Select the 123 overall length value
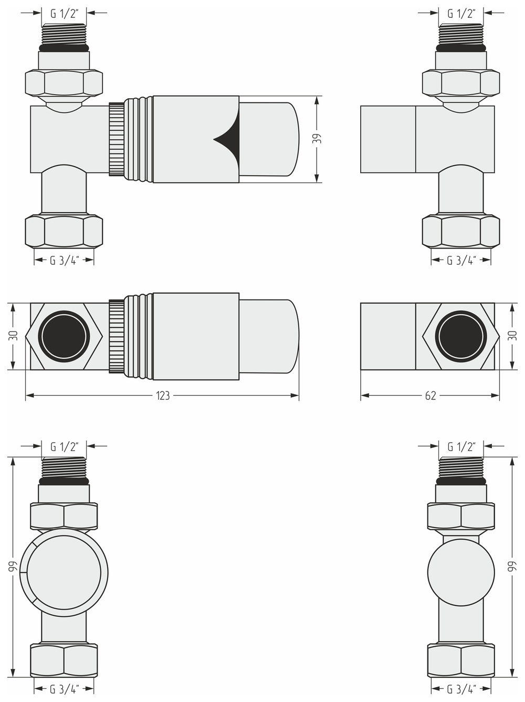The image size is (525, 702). [163, 396]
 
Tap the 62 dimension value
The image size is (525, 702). [430, 396]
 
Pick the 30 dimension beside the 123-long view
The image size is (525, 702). [14, 336]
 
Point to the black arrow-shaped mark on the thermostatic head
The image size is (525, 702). [227, 139]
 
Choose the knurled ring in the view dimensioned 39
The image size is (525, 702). [116, 139]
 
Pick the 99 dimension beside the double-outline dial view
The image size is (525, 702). [14, 566]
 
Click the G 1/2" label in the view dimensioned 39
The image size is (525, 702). [64, 14]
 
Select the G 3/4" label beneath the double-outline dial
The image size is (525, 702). [64, 689]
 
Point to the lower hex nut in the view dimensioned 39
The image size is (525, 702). [64, 231]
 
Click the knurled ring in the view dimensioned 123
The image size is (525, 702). [116, 336]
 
